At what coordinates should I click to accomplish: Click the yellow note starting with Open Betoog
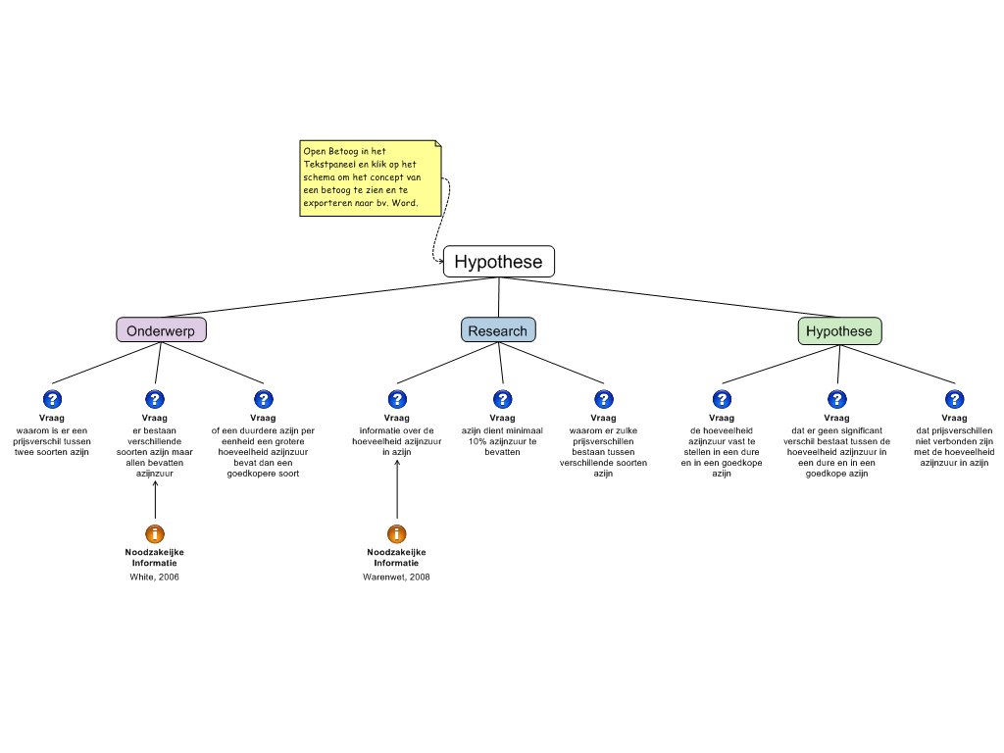coord(370,177)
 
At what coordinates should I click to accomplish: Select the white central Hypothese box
coord(498,262)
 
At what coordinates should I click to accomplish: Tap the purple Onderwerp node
coord(161,330)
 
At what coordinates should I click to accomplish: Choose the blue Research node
coord(498,330)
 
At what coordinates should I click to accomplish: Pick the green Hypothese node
coord(839,331)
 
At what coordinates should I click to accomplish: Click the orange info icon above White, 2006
coord(155,533)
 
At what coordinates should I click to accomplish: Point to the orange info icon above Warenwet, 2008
coord(397,533)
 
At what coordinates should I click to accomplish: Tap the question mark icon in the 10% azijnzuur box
coord(502,399)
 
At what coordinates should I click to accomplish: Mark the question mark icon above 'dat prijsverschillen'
coord(954,399)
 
